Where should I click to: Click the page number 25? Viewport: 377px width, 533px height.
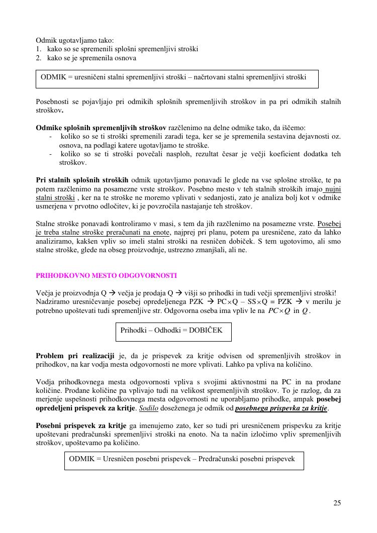[x=337, y=503]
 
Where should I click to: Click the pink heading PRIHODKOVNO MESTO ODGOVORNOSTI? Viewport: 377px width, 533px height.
[x=106, y=276]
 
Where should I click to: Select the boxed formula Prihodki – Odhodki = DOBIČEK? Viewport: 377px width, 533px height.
[x=173, y=331]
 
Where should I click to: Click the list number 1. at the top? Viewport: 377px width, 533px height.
[x=39, y=49]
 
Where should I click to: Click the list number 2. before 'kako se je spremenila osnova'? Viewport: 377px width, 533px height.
[x=39, y=58]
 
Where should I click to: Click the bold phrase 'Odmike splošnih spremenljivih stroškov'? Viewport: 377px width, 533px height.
[x=101, y=128]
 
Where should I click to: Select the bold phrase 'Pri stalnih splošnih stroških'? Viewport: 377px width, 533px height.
[x=82, y=180]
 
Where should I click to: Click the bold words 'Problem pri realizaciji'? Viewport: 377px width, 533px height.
[x=75, y=356]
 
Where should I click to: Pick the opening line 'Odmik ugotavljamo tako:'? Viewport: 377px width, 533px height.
[x=75, y=40]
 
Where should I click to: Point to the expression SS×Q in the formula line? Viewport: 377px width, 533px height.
[x=257, y=302]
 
